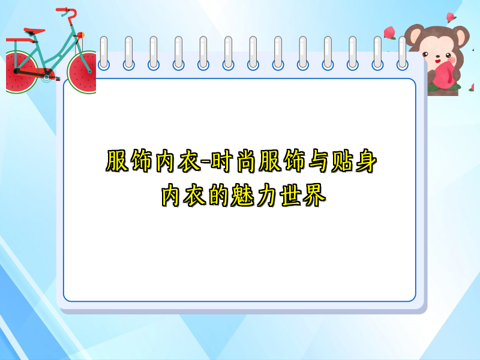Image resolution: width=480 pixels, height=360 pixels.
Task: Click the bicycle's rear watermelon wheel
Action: tap(20, 71)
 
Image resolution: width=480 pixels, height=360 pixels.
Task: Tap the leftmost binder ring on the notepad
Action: tap(104, 53)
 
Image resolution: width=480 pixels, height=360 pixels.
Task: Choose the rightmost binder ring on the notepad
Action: tap(403, 53)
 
